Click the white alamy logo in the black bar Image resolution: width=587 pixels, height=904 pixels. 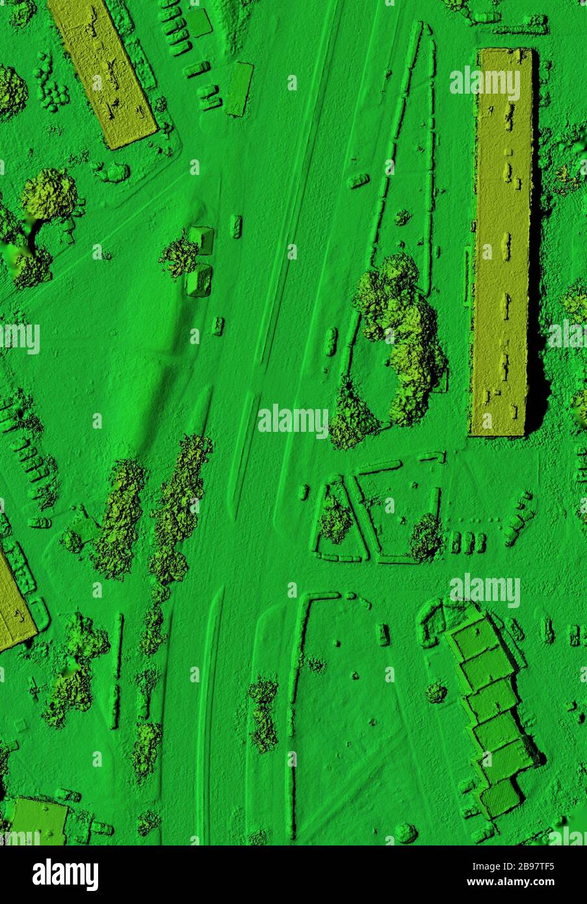point(65,875)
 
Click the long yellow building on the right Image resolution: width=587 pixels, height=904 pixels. point(503,241)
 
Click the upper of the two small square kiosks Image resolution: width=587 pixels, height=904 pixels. point(202,240)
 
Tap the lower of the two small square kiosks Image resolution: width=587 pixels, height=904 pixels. point(198,280)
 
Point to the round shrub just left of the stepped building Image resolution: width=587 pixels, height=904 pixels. point(436,692)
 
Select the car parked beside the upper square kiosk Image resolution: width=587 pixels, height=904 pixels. point(237,226)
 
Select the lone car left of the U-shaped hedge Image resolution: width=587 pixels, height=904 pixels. point(384,635)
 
